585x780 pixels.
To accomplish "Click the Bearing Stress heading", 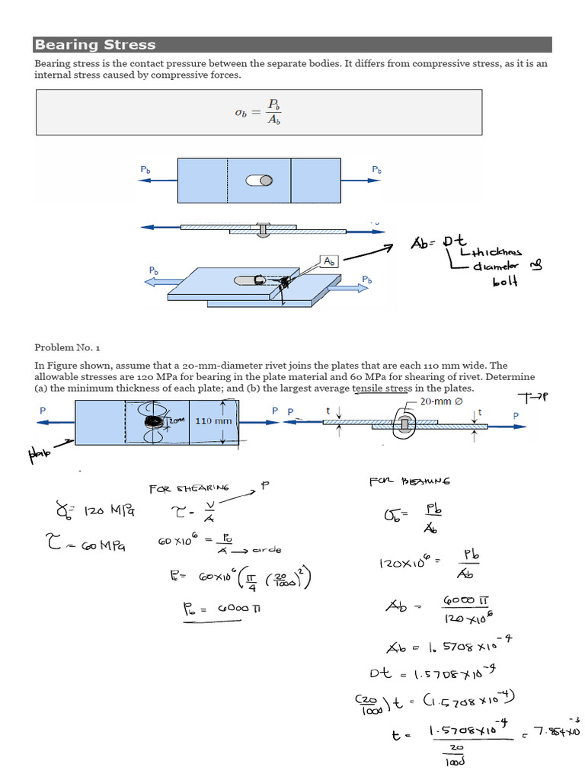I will click(x=95, y=45).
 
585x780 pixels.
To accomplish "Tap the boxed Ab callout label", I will click(x=329, y=261).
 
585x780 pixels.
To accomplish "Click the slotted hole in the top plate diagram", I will click(x=259, y=181).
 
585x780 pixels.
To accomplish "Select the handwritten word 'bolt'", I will click(x=504, y=281).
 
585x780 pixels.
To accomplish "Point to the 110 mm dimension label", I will click(x=213, y=420).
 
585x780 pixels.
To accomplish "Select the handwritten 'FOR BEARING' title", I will click(x=409, y=481).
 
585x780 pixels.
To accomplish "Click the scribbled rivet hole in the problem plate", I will click(x=154, y=421).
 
